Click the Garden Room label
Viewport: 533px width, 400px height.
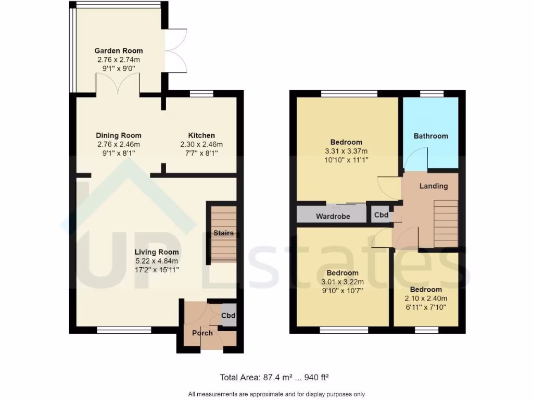(x=119, y=51)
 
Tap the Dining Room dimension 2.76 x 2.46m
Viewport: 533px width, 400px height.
(x=119, y=144)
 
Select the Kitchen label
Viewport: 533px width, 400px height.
(x=201, y=135)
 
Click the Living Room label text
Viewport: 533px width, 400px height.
(x=157, y=252)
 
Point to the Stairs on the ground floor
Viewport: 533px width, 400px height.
(x=223, y=233)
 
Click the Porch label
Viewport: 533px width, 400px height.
(x=202, y=333)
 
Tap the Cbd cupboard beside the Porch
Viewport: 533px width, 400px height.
(x=229, y=316)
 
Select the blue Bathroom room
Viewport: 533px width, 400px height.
(x=430, y=136)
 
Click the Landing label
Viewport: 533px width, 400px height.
(x=434, y=186)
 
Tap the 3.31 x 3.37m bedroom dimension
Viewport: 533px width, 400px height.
(x=346, y=151)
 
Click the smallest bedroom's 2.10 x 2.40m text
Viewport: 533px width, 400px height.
(x=426, y=298)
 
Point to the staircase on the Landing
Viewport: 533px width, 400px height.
(x=446, y=224)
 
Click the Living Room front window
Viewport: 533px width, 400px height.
(x=124, y=330)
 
